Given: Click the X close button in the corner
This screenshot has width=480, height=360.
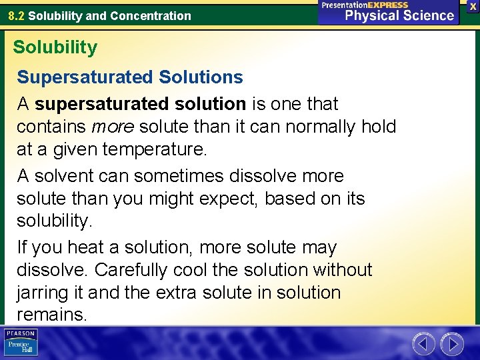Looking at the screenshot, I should tap(473, 6).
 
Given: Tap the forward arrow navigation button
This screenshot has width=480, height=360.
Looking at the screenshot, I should tap(451, 344).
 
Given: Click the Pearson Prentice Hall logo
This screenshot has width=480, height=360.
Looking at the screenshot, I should tap(21, 343).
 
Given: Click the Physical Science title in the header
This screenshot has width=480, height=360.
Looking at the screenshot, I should tap(399, 15).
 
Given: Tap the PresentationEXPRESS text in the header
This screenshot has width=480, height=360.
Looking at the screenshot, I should tap(365, 5).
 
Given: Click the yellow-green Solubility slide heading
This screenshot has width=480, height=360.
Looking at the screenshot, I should tap(55, 47).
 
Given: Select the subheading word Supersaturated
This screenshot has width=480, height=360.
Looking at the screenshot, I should tap(85, 77).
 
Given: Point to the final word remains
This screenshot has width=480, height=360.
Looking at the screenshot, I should tap(51, 315).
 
